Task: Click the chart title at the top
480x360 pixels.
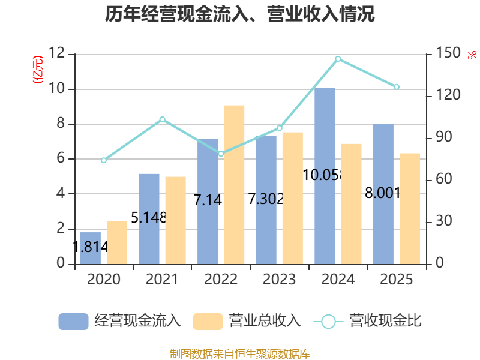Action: [x=239, y=14]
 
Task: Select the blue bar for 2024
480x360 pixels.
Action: [x=325, y=176]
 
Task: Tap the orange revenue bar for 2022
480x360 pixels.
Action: [x=234, y=185]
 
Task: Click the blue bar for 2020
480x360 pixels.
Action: [x=91, y=248]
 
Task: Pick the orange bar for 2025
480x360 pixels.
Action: [x=410, y=208]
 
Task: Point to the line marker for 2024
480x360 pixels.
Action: [x=338, y=59]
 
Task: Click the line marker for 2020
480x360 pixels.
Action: [x=104, y=160]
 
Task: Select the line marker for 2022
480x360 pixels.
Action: [x=221, y=154]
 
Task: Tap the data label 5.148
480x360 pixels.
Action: [x=149, y=218]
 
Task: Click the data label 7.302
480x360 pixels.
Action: [x=266, y=199]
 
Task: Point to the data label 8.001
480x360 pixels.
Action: [x=383, y=193]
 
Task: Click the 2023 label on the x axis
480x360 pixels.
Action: [x=279, y=279]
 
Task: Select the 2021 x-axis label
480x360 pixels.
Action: [x=162, y=279]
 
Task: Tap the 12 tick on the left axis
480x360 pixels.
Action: [x=57, y=53]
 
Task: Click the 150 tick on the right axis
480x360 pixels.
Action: [x=448, y=53]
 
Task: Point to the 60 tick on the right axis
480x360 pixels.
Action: [x=444, y=179]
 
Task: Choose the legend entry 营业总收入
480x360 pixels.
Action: [x=247, y=321]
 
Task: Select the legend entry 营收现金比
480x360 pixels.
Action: [x=368, y=321]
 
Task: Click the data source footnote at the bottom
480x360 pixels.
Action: [x=239, y=354]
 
